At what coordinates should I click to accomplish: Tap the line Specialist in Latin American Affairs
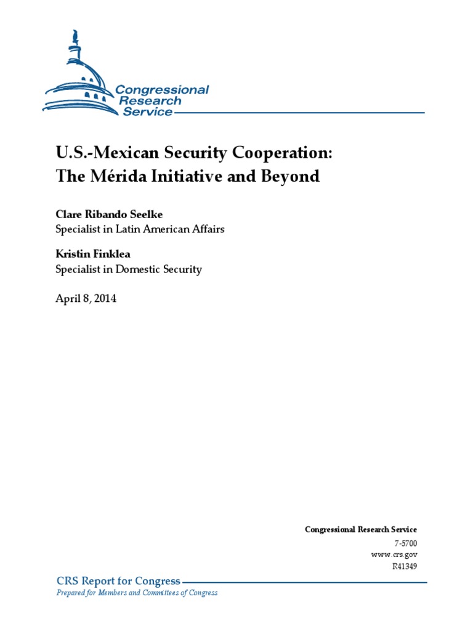coord(135,229)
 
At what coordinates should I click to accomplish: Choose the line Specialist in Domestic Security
coord(129,269)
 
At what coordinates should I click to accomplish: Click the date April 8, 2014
coord(86,299)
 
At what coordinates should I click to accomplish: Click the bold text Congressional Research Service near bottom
coord(361,530)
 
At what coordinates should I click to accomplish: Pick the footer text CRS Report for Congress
coord(118,581)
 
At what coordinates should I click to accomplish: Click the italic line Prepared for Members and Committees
coord(137,593)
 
